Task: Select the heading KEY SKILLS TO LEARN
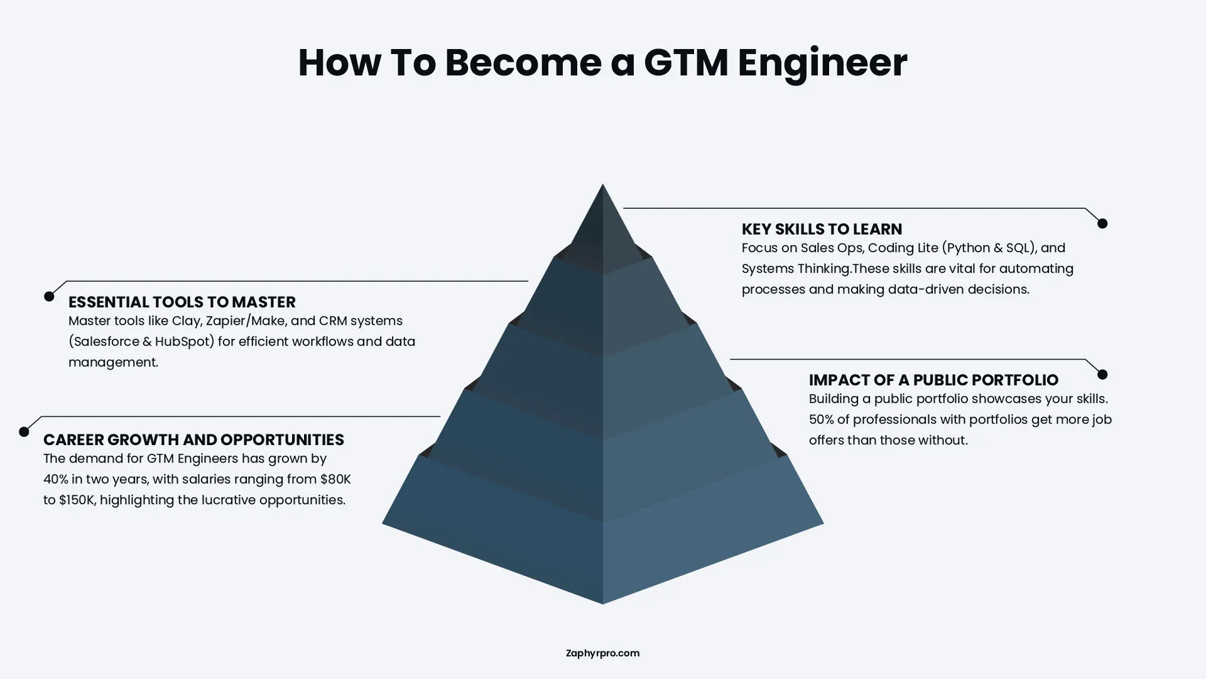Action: pos(822,229)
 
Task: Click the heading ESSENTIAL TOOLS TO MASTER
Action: pos(182,302)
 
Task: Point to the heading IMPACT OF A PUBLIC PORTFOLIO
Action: pos(933,380)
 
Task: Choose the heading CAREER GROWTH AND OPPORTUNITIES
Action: pos(193,439)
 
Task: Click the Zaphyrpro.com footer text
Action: pos(602,653)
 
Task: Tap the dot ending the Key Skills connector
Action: pos(1102,223)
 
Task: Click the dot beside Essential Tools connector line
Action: pos(49,296)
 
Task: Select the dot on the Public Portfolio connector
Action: pos(1102,374)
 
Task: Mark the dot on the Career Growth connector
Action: pos(24,432)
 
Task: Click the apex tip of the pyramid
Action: pos(603,186)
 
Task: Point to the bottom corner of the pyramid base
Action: pos(603,602)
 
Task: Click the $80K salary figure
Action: pos(335,479)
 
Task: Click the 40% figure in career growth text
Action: pos(55,479)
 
